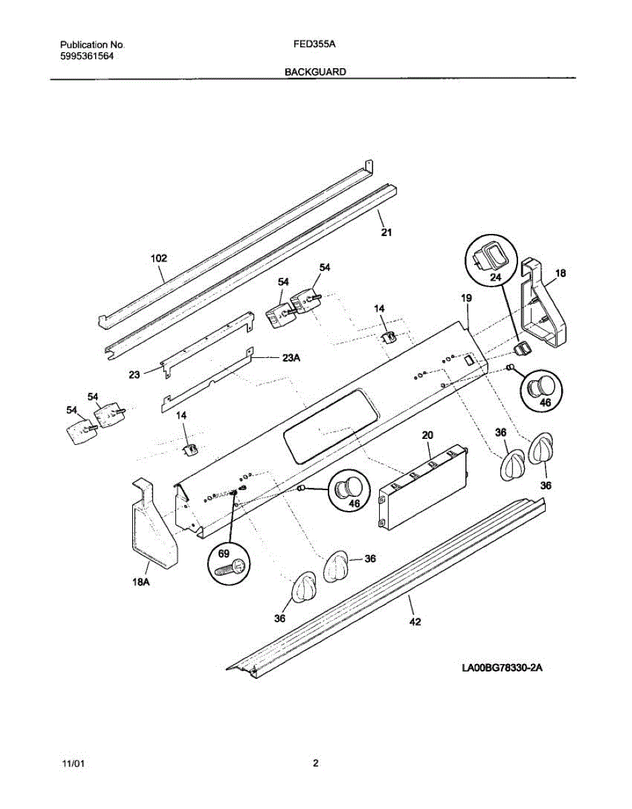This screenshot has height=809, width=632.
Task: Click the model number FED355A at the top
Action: point(316,44)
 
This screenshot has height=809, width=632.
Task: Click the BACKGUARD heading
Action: point(315,71)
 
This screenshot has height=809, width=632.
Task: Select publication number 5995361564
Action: point(86,57)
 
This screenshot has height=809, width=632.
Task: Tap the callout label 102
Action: point(159,258)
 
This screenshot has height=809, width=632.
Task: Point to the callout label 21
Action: point(386,233)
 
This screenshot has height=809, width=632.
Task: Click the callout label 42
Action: point(415,622)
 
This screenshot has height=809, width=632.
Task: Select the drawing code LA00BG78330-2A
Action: point(502,669)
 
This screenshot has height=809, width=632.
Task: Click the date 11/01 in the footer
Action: point(74,764)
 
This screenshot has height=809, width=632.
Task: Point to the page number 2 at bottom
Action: point(315,764)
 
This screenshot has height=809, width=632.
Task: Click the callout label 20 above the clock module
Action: point(427,436)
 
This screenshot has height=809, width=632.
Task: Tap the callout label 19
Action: point(466,297)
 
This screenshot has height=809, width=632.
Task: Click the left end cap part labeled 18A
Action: point(152,526)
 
